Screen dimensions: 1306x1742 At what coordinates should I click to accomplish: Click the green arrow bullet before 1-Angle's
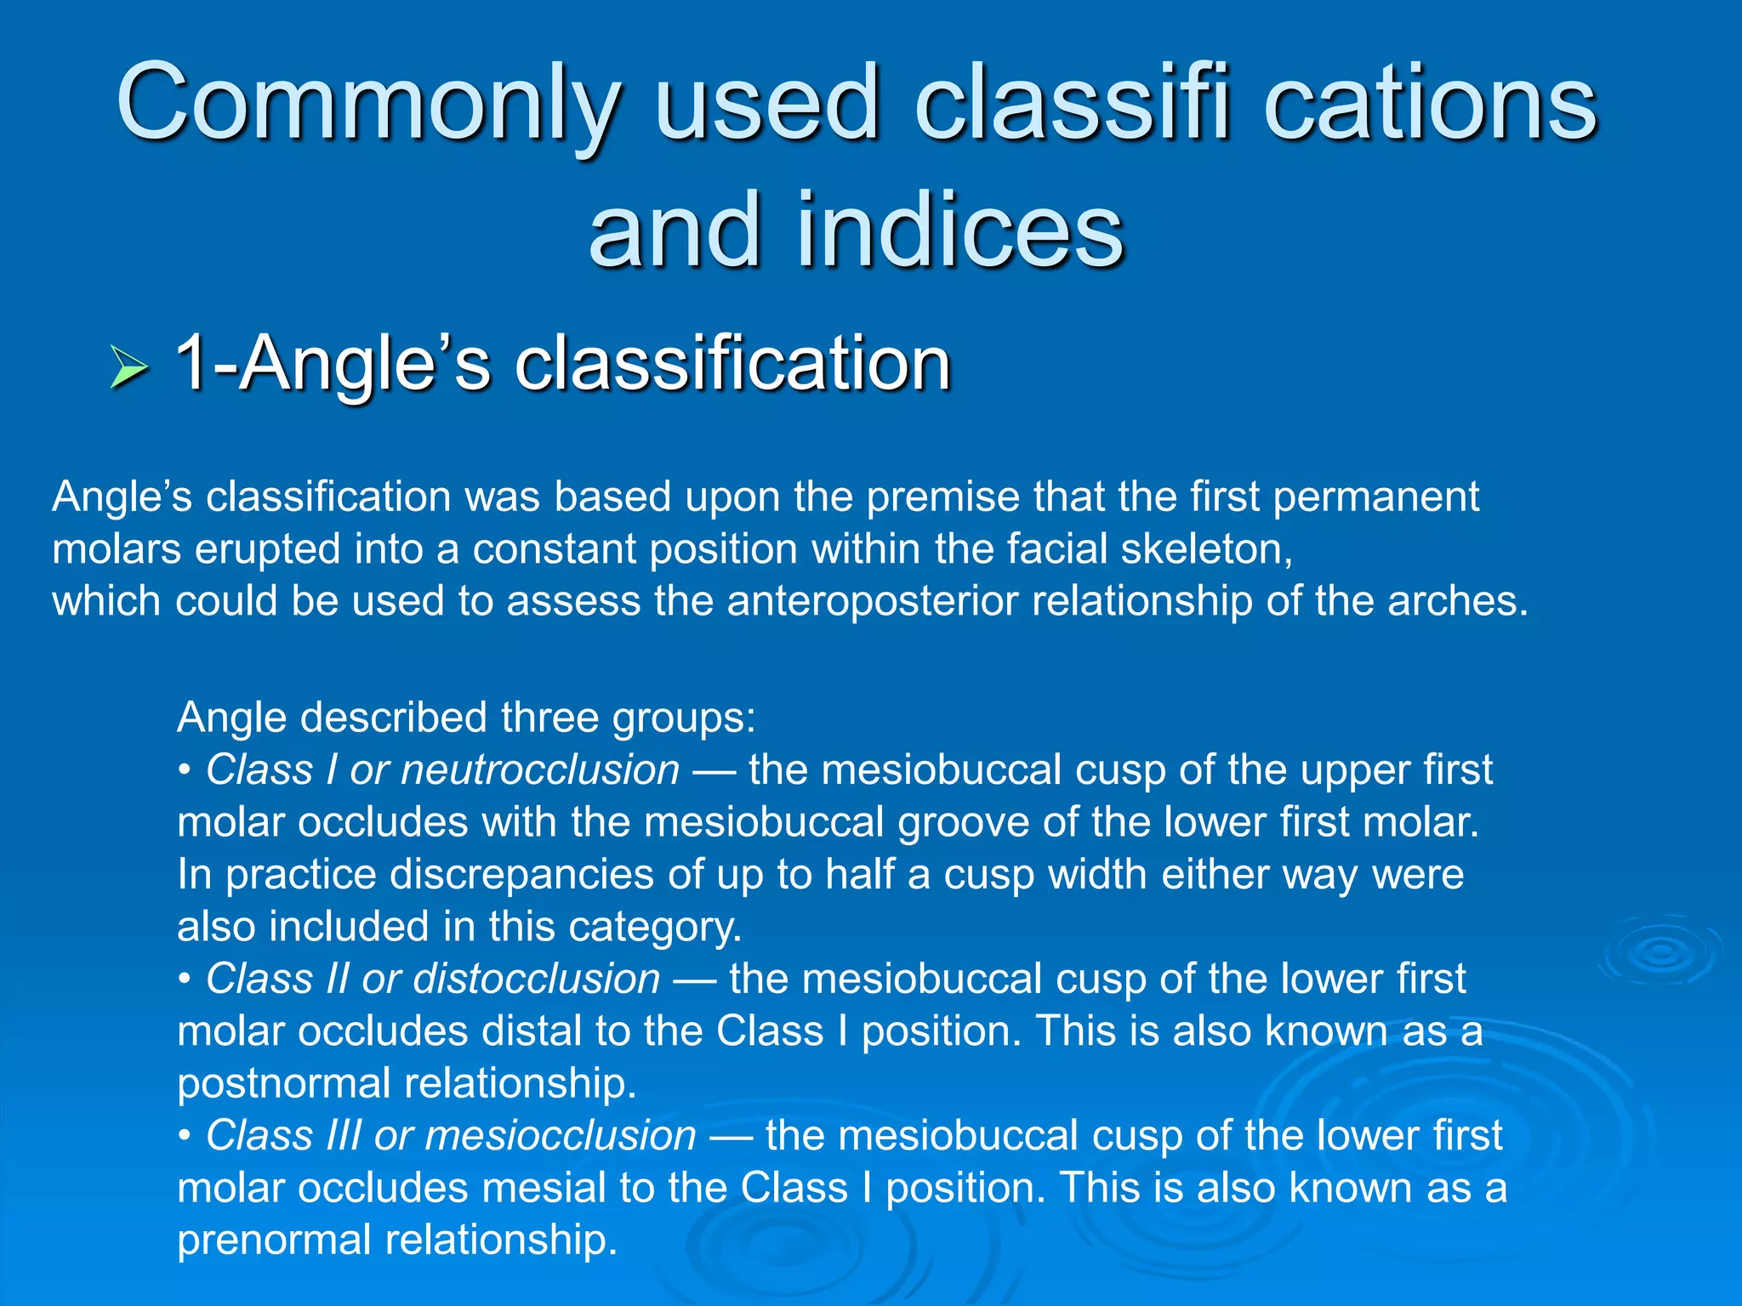click(128, 369)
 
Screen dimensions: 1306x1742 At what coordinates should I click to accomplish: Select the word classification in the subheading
click(732, 364)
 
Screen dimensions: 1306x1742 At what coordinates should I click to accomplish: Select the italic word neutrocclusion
click(540, 770)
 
